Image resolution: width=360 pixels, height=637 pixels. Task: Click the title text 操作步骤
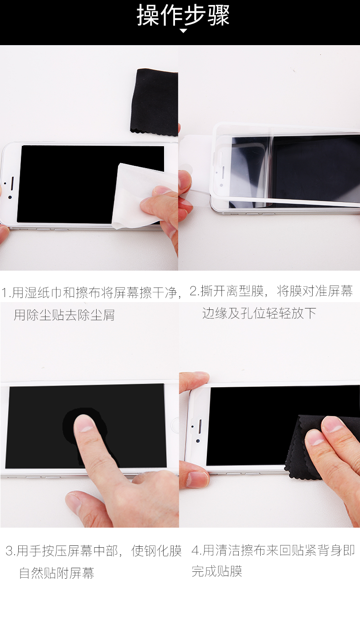(x=183, y=15)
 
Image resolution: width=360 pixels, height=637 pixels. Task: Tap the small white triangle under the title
(x=183, y=31)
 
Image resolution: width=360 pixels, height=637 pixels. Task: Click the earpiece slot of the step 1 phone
(x=12, y=184)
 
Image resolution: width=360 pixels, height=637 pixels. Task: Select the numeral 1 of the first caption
(x=4, y=293)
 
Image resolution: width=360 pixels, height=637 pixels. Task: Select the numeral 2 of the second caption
(x=193, y=291)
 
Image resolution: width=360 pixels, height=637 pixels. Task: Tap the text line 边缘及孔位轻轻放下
(x=259, y=313)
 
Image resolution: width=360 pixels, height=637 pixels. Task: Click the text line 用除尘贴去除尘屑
(x=64, y=315)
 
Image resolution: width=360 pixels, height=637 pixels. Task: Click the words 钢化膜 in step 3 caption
(x=156, y=551)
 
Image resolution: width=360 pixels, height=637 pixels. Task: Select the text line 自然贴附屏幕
(x=57, y=573)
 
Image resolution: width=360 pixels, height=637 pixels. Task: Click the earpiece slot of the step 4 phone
(x=200, y=426)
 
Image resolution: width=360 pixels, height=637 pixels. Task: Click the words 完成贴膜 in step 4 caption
(x=217, y=571)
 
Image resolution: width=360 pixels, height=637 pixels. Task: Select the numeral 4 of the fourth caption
(x=195, y=550)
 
